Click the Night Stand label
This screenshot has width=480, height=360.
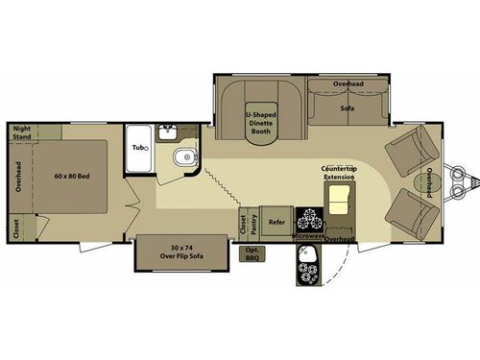[x=22, y=132]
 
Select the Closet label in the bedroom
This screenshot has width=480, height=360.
[x=15, y=227]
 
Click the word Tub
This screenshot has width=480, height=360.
[x=138, y=147]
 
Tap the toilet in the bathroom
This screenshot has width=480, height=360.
[x=183, y=157]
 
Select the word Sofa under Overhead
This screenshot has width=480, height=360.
[x=347, y=108]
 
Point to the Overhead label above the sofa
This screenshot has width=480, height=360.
[x=348, y=84]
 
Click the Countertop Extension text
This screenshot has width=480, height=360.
[x=339, y=174]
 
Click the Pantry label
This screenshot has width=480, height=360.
[x=253, y=223]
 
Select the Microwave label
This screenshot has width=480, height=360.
[x=308, y=235]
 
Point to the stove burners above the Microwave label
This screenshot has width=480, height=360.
[x=308, y=216]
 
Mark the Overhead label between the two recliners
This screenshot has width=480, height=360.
[x=429, y=182]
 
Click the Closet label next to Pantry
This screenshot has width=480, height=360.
[x=242, y=223]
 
